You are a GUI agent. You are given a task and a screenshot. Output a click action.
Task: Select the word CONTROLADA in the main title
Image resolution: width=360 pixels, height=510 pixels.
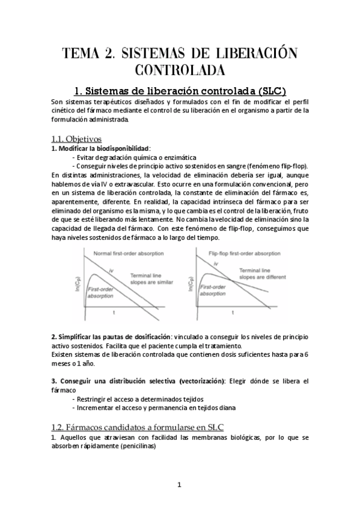tap(180, 70)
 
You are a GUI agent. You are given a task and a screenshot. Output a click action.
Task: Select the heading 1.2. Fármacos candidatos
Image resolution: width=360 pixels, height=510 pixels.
tap(130, 427)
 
